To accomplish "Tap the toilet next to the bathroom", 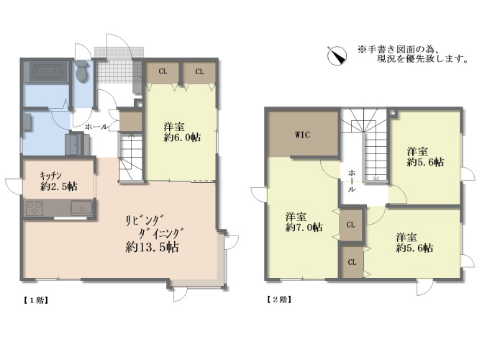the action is pos(82,71).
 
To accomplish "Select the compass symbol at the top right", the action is pos(337,55).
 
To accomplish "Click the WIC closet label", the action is pos(302,135).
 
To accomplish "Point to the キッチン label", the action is pos(51,176).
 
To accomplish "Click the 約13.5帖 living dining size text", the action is pos(153,247).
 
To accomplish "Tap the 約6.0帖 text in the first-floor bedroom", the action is pos(182,138).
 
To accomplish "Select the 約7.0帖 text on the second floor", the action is pos(304,228).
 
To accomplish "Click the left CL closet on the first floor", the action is pos(163,73).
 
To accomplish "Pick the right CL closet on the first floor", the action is pos(199,73).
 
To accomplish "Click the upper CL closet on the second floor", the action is pos(351,225).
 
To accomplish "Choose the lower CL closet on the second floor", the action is pos(352,262).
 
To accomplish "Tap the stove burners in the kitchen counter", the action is pos(35,208).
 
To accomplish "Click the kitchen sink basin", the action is pos(81,207).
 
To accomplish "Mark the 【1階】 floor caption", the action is pos(36,300).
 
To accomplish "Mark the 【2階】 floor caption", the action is pos(279,300).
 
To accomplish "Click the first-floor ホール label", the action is pos(96,127).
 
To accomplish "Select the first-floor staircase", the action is pos(131,157).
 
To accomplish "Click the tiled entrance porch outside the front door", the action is pos(119,52).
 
